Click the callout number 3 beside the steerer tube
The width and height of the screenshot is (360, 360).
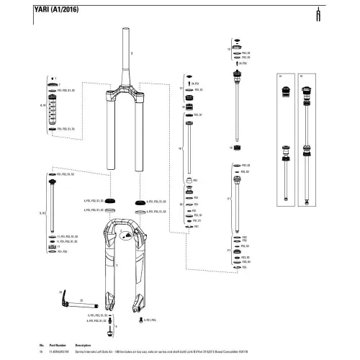pos(132,53)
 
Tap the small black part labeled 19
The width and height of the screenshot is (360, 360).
pos(235,148)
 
